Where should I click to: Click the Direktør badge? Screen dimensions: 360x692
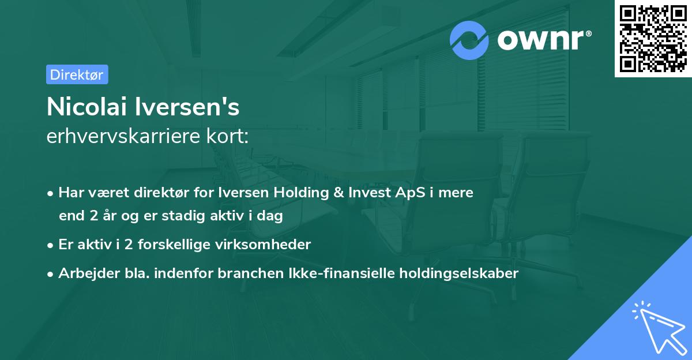click(x=77, y=74)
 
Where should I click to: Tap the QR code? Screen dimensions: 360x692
click(x=653, y=39)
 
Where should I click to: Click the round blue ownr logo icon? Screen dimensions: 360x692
click(x=469, y=40)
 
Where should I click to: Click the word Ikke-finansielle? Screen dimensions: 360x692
click(x=330, y=273)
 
